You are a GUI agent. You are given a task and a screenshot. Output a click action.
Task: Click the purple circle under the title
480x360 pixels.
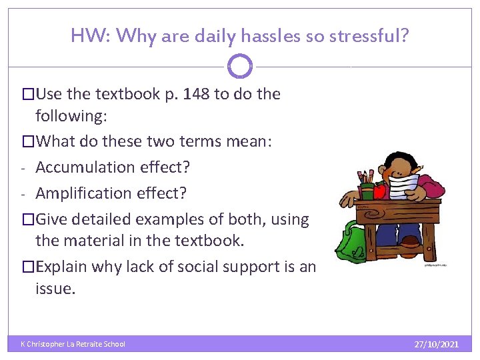pyautogui.click(x=240, y=67)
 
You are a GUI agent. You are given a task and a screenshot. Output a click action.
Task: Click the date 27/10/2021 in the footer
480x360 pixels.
pyautogui.click(x=436, y=344)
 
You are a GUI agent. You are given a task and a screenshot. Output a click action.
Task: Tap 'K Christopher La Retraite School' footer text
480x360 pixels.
pyautogui.click(x=73, y=344)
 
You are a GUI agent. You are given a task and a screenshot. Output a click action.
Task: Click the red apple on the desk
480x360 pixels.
pyautogui.click(x=380, y=191)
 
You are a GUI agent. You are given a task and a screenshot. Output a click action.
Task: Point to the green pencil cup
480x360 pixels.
pyautogui.click(x=367, y=191)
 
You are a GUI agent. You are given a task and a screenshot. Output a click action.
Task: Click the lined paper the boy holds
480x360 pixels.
pyautogui.click(x=403, y=185)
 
